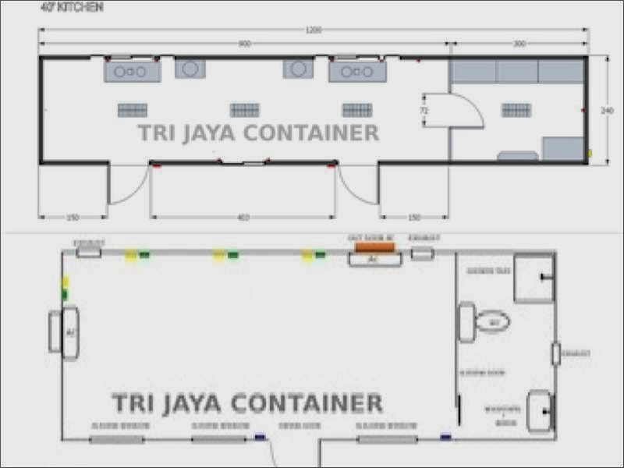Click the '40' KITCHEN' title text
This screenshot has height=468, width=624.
click(71, 8)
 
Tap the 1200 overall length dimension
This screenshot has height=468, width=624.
click(313, 30)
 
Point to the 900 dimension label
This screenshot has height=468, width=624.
click(244, 44)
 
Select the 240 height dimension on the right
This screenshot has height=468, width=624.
click(607, 111)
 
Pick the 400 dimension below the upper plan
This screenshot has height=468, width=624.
click(243, 218)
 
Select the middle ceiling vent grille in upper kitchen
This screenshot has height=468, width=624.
click(244, 110)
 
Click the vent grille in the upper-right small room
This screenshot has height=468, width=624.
click(516, 110)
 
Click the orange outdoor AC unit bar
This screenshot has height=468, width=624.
click(374, 247)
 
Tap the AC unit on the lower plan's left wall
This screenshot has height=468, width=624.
click(69, 332)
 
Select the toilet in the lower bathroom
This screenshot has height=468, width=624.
click(491, 321)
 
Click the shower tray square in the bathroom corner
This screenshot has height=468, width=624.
click(534, 278)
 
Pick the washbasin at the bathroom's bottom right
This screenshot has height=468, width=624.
click(539, 410)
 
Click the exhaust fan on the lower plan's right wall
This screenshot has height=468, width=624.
click(556, 354)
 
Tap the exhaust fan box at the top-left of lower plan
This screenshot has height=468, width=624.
click(88, 252)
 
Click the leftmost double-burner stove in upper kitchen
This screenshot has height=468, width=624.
click(133, 71)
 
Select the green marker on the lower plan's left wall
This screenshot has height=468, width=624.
click(65, 294)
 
